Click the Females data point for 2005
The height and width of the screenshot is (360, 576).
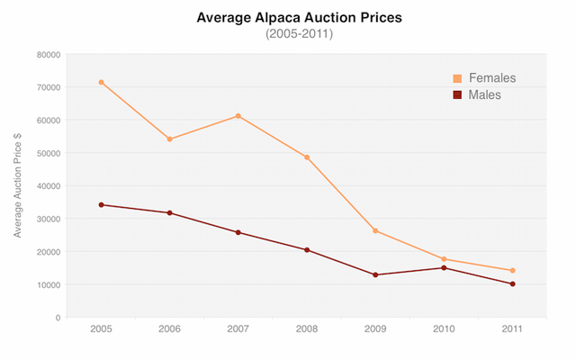[x=101, y=82]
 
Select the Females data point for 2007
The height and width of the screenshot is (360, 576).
[x=238, y=115]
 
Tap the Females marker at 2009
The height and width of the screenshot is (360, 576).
[x=375, y=230]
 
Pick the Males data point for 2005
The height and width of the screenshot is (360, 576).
[x=101, y=204]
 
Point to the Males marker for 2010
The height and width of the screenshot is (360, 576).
[x=444, y=267]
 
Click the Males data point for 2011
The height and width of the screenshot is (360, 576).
[x=512, y=283]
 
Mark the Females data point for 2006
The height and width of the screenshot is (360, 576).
[x=169, y=139]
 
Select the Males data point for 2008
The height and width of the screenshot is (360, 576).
[x=307, y=249]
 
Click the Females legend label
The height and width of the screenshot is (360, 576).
[x=491, y=78]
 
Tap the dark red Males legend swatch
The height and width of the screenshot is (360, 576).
[x=457, y=94]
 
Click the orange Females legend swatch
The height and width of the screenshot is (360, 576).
[x=457, y=78]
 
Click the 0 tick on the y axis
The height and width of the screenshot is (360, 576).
[x=57, y=318]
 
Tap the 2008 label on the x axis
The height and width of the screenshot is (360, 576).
[x=307, y=330]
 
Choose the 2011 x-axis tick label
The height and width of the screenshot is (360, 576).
[x=512, y=330]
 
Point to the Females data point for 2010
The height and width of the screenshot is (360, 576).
[x=444, y=259]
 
